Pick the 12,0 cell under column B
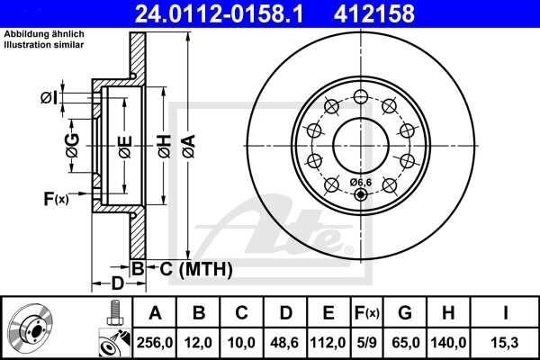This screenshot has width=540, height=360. [x=199, y=342]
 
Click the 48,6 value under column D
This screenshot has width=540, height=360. [x=285, y=342]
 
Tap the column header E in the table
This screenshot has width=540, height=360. [x=328, y=313]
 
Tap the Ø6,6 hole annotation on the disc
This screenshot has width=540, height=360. [x=360, y=183]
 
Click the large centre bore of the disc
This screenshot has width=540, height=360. [x=360, y=141]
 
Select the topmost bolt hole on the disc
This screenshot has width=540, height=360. [x=360, y=96]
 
